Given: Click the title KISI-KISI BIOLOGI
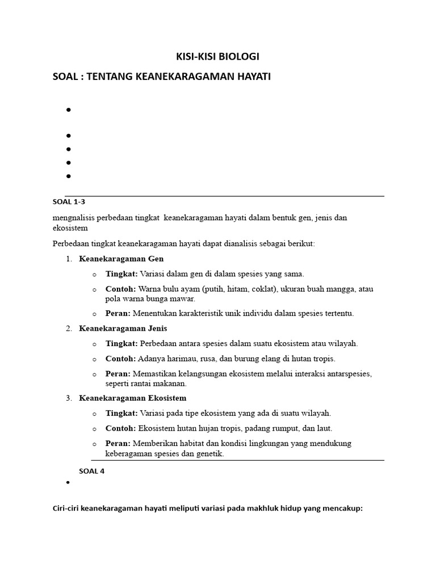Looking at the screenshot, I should [x=218, y=57].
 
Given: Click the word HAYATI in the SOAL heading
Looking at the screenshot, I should [x=250, y=77].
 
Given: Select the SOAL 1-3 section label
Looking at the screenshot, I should [x=69, y=201].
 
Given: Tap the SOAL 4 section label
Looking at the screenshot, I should [x=92, y=470].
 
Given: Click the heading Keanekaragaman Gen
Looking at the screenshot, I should [x=121, y=259].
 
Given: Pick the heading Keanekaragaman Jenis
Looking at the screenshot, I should [x=123, y=329].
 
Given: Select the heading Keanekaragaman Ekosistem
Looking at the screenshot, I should [x=133, y=398].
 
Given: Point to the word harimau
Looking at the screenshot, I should [x=182, y=359].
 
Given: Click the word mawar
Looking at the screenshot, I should [x=183, y=298].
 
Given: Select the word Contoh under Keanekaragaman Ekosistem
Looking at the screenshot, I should [x=120, y=428].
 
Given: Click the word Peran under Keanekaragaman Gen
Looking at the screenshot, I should [x=118, y=313].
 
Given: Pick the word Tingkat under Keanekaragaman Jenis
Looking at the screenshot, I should [x=121, y=343].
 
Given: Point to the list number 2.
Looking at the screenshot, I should [x=68, y=329].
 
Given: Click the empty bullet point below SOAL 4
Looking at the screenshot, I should [x=68, y=482].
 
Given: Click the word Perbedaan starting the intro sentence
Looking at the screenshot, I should [x=73, y=243].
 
